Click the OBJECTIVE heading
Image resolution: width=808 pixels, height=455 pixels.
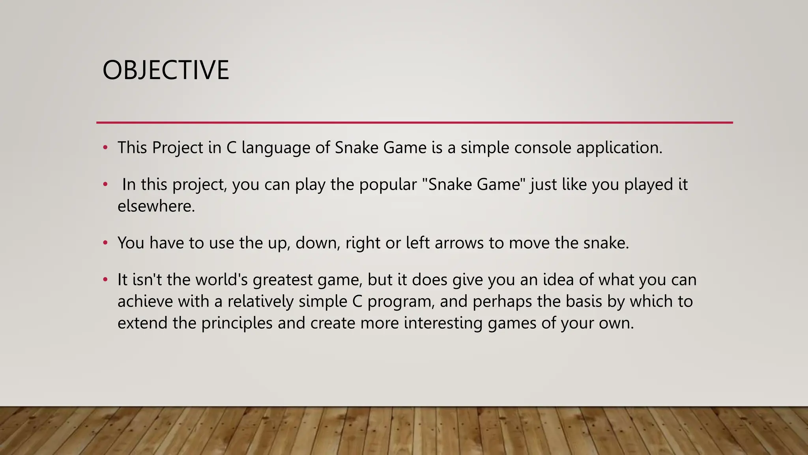click(166, 70)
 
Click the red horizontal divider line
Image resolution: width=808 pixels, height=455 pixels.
click(414, 122)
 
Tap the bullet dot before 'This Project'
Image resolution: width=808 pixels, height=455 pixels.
click(105, 148)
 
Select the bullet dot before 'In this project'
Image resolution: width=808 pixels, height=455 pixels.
click(105, 184)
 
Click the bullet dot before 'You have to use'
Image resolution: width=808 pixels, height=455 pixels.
click(105, 243)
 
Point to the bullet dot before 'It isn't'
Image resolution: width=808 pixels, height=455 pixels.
click(105, 280)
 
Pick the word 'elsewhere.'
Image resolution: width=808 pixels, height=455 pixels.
click(156, 206)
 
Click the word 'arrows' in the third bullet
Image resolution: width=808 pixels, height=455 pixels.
click(459, 243)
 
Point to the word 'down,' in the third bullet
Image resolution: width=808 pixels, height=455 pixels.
click(318, 243)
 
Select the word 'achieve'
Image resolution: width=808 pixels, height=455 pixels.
click(145, 301)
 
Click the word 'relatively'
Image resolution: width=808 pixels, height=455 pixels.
click(260, 301)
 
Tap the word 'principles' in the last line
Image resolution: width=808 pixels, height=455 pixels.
click(237, 323)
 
